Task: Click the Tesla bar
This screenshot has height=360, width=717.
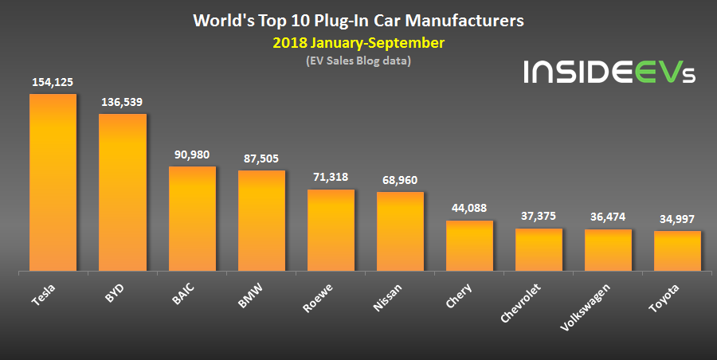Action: [53, 183]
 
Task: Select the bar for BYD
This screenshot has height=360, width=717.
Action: [122, 193]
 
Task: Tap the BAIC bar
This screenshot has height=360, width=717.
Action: [192, 219]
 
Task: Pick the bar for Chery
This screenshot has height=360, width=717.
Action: [469, 246]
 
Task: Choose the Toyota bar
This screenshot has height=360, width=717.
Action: [677, 251]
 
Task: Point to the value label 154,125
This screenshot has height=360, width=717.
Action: [53, 82]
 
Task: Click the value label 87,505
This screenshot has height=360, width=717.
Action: [261, 158]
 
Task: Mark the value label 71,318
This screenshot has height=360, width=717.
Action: [331, 177]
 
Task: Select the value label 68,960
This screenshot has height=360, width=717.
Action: [400, 180]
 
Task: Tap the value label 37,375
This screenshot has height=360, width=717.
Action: [539, 217]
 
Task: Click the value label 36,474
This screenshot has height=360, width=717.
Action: [608, 217]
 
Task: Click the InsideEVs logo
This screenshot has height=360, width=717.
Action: [609, 72]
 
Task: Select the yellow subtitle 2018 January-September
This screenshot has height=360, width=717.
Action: [358, 42]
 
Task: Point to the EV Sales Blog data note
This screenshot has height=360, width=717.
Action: [358, 61]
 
